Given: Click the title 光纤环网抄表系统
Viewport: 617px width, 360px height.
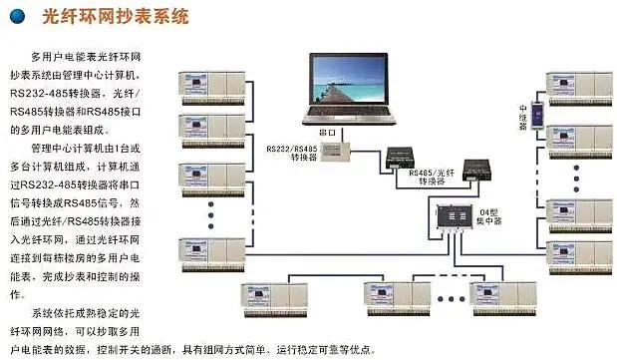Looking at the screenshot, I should (111, 17).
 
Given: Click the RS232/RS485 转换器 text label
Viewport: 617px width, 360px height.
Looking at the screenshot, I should (290, 153).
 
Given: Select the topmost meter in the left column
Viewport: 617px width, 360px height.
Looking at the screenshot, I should (209, 83).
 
